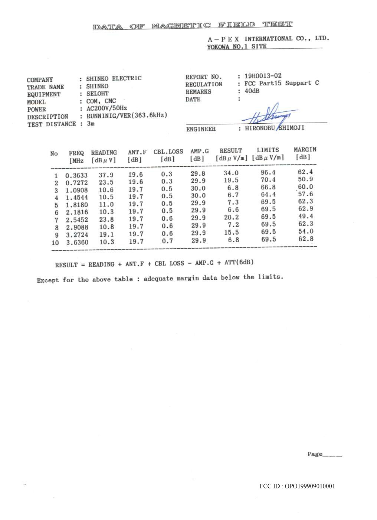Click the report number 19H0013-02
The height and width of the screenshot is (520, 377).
tap(263, 76)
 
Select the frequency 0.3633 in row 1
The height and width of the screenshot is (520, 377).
tap(76, 176)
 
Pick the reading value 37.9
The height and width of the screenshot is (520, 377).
tap(106, 175)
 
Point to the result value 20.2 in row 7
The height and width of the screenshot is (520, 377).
tap(231, 218)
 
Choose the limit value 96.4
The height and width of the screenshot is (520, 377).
tap(268, 172)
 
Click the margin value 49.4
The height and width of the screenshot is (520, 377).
tap(305, 216)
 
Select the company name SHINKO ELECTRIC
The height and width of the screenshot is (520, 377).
tap(114, 78)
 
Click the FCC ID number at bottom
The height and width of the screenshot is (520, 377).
tap(297, 486)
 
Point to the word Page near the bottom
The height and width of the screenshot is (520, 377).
tap(315, 454)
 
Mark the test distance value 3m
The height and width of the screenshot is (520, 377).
tap(91, 124)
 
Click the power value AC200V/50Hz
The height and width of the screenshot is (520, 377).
tap(106, 108)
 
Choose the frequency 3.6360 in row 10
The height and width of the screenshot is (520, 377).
tap(77, 243)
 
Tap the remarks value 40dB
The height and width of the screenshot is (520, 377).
tap(252, 91)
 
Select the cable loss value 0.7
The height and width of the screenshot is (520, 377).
tap(167, 241)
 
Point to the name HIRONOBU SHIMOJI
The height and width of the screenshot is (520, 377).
tap(275, 128)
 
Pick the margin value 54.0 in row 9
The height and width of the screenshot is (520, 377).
tap(305, 231)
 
